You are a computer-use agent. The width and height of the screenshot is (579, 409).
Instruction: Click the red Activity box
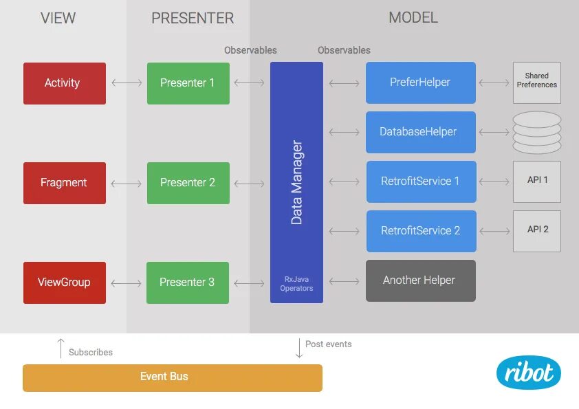[x=65, y=83]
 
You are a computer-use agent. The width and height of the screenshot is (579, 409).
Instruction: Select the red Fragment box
[x=65, y=183]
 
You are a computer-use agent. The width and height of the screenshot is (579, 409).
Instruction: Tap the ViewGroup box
[x=65, y=283]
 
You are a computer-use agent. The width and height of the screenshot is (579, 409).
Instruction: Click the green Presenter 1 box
[x=188, y=83]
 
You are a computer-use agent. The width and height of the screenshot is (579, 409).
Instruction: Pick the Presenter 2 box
[x=188, y=183]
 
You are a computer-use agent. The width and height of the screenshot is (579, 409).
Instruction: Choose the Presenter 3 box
[x=188, y=283]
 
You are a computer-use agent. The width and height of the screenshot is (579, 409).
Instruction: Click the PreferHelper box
[x=420, y=82]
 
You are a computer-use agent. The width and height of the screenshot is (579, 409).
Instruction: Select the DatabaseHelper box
[x=420, y=132]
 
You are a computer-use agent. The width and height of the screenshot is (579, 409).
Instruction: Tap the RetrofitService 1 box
[x=421, y=181]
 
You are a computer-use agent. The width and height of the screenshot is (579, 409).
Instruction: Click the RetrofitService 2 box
[x=421, y=231]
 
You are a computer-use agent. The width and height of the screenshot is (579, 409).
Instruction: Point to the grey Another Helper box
[x=420, y=280]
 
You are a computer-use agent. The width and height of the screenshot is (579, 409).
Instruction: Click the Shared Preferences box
[x=537, y=82]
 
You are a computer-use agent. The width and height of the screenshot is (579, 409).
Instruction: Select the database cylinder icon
[x=537, y=133]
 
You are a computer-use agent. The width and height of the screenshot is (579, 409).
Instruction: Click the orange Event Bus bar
[x=172, y=377]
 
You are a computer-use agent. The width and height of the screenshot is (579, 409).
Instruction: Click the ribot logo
[x=529, y=373]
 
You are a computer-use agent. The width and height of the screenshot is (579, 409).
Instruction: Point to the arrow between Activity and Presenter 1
[x=127, y=83]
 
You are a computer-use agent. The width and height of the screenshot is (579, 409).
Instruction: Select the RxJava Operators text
[x=296, y=284]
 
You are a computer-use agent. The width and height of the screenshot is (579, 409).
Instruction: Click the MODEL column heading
[x=413, y=18]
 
